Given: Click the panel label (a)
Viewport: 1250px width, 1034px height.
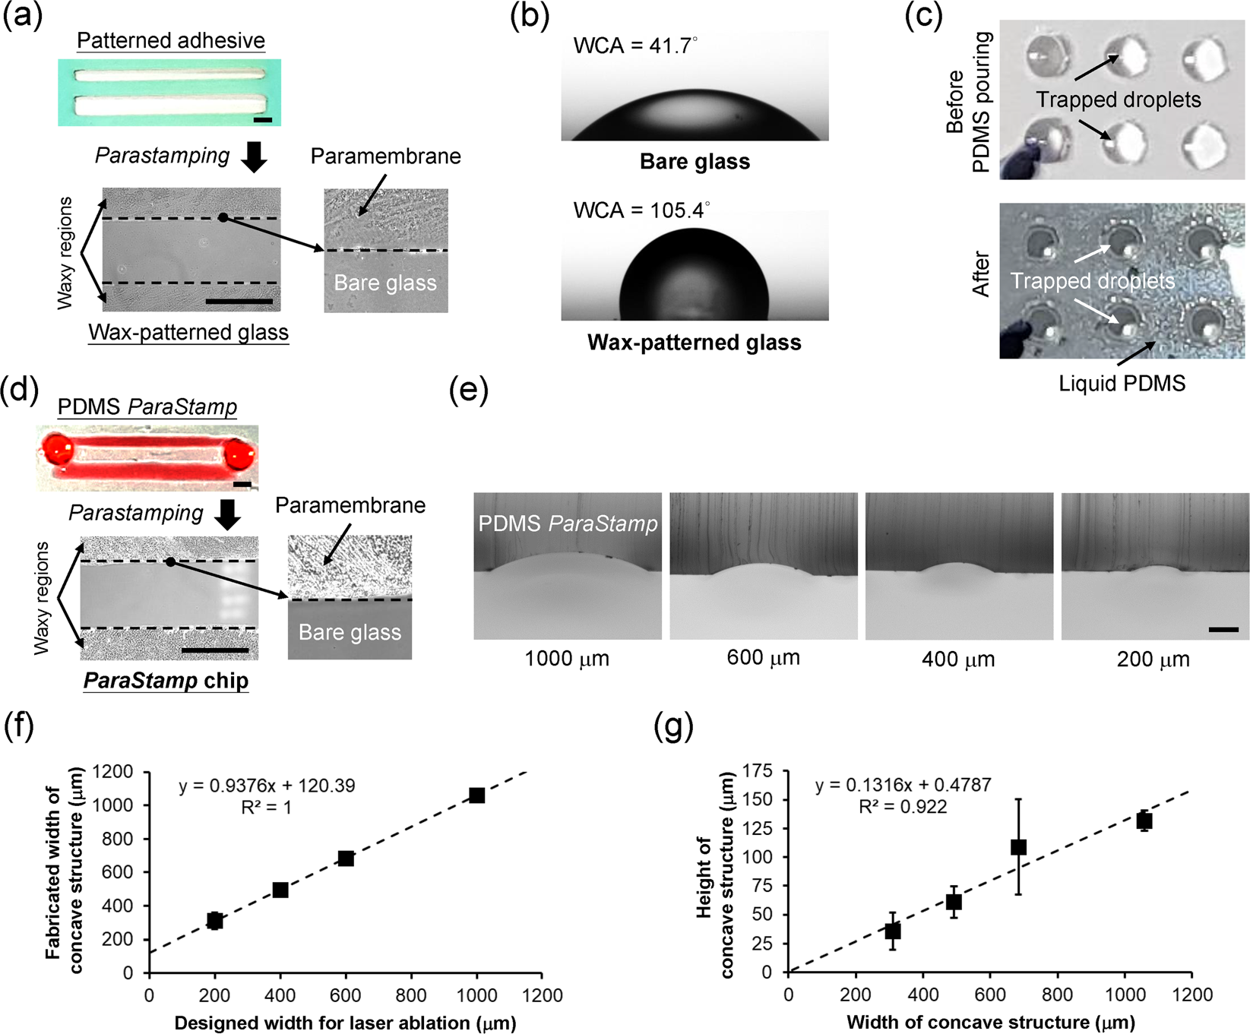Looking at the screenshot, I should click(x=23, y=15).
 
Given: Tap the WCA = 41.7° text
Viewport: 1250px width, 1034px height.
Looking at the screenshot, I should click(x=634, y=46).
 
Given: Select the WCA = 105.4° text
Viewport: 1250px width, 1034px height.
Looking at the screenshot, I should click(x=641, y=210).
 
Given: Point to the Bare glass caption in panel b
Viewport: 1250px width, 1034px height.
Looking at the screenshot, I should click(x=695, y=162).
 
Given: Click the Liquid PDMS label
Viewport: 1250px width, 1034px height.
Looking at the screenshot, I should click(x=1122, y=384).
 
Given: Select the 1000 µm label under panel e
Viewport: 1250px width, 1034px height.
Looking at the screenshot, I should click(x=567, y=659).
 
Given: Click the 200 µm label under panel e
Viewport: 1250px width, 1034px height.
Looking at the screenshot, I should click(x=1153, y=659).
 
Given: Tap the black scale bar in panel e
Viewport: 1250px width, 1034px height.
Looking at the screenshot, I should click(x=1223, y=630).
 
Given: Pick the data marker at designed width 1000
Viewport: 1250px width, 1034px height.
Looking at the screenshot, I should click(x=476, y=795).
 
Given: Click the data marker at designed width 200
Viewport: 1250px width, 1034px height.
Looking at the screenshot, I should click(x=215, y=921).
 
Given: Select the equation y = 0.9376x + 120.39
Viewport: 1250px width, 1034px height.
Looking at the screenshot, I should click(x=267, y=786).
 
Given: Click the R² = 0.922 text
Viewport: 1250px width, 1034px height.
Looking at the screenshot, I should click(x=903, y=807).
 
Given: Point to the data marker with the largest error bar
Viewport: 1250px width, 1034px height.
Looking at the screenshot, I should click(x=1018, y=847).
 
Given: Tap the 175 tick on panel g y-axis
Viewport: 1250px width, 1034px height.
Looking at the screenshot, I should click(x=757, y=772).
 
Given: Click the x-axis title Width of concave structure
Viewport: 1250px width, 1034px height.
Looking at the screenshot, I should click(x=990, y=1023).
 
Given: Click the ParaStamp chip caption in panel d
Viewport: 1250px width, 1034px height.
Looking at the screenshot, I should click(x=166, y=681).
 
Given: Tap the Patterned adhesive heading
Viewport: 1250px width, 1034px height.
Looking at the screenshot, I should click(x=171, y=40).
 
